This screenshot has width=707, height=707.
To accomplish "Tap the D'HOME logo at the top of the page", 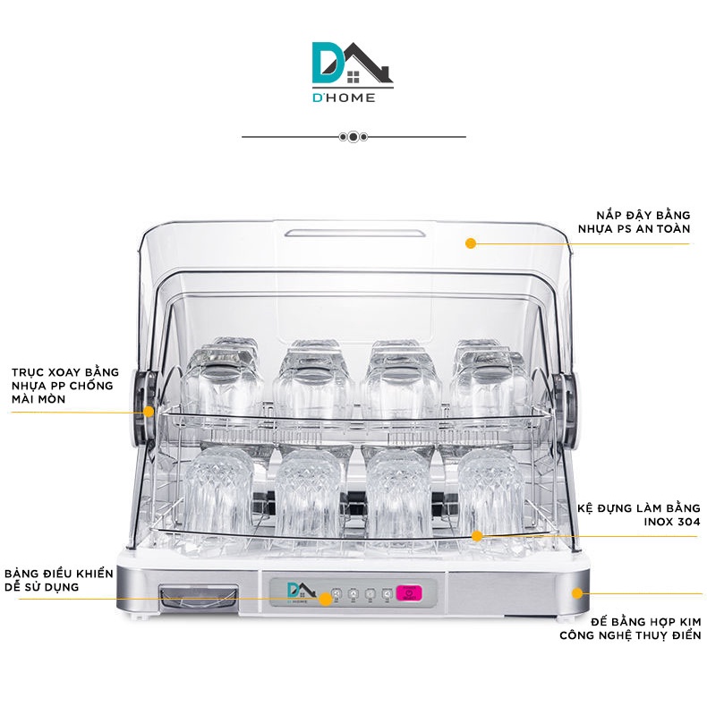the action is click(x=353, y=71).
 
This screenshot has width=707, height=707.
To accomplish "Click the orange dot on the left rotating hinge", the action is click(x=149, y=412).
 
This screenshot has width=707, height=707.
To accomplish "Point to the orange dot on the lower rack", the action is click(x=478, y=536).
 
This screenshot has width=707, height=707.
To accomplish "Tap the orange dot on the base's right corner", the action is click(x=577, y=592).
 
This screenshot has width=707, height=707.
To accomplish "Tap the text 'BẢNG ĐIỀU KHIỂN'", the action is click(x=59, y=572).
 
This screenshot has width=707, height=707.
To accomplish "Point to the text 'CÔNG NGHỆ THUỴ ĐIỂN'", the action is click(x=631, y=635).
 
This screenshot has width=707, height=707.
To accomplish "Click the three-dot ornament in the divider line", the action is click(x=353, y=137).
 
